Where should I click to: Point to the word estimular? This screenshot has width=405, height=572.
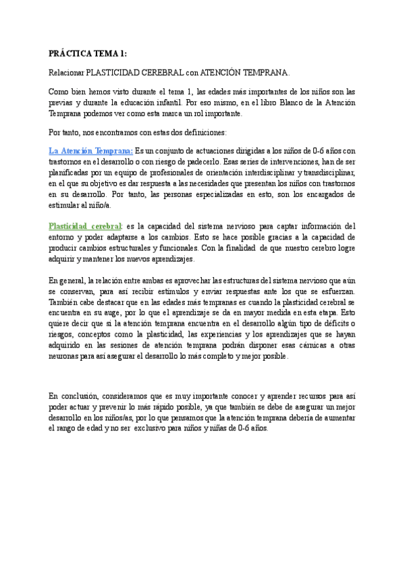[67, 205]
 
